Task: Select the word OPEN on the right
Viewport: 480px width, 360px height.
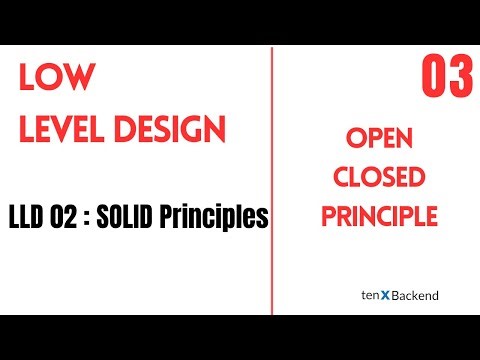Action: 378,139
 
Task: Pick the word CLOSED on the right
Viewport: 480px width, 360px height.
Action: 378,178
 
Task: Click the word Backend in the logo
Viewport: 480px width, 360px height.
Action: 414,296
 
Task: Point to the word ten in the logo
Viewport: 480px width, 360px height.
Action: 368,296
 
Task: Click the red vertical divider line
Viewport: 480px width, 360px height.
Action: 272,180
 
